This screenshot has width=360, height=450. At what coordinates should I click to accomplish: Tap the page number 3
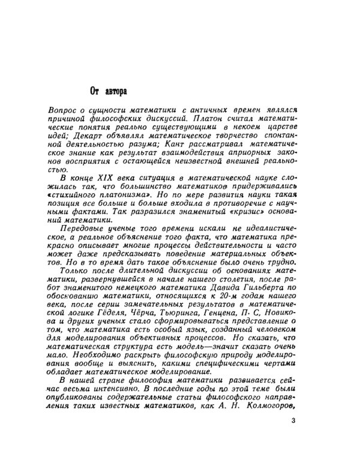pos(293,421)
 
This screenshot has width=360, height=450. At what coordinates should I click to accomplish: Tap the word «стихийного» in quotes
pos(77,197)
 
